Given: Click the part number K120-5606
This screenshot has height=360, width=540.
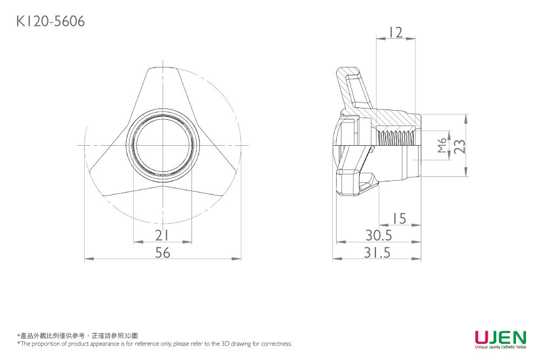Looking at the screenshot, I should pyautogui.click(x=51, y=22).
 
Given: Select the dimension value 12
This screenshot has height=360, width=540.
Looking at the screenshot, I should pyautogui.click(x=395, y=32).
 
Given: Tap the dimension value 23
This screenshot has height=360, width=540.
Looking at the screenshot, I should pyautogui.click(x=459, y=146).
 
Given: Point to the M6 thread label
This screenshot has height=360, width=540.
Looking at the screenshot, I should pyautogui.click(x=442, y=146).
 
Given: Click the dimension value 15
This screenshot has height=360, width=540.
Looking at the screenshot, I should pyautogui.click(x=399, y=219).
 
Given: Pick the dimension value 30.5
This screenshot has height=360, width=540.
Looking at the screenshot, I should pyautogui.click(x=379, y=236).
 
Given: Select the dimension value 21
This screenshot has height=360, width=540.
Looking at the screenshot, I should pyautogui.click(x=162, y=236).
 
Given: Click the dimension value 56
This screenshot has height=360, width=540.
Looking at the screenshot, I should pyautogui.click(x=162, y=253).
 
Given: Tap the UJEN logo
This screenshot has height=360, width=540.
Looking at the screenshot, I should pyautogui.click(x=500, y=337).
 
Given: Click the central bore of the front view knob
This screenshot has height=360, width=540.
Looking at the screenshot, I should pyautogui.click(x=162, y=146).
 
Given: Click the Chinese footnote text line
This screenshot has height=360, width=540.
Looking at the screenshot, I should pyautogui.click(x=78, y=336).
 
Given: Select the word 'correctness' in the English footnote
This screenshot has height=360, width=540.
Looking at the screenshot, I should pyautogui.click(x=276, y=344).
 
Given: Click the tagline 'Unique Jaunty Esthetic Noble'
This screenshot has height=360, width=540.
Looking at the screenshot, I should pyautogui.click(x=500, y=348).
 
